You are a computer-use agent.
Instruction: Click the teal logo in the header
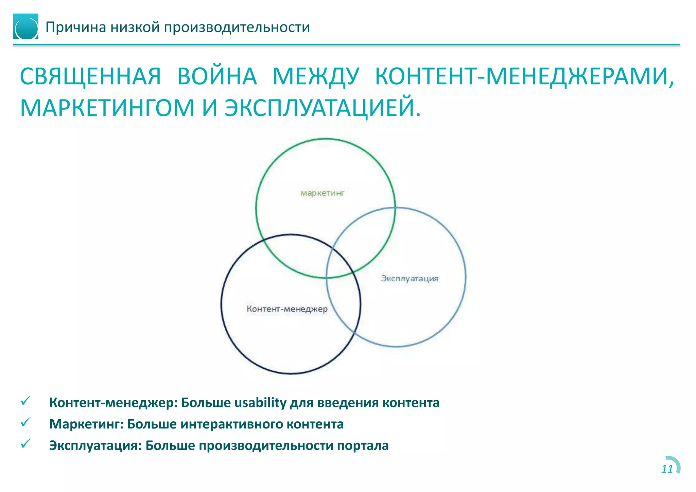(x=25, y=27)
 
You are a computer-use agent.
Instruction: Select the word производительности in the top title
(x=237, y=27)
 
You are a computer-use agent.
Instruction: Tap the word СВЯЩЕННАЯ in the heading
(x=90, y=76)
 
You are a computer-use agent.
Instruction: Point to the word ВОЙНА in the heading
(x=217, y=76)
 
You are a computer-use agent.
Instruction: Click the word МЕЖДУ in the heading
(x=316, y=76)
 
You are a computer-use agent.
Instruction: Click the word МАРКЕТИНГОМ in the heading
(x=107, y=108)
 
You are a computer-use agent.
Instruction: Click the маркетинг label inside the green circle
(x=322, y=193)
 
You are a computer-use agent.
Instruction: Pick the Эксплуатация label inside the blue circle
(x=410, y=278)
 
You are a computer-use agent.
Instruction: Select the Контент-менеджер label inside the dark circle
(x=287, y=309)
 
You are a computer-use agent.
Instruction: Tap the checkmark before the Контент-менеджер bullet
(x=25, y=401)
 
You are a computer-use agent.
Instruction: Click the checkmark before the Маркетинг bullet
(x=25, y=422)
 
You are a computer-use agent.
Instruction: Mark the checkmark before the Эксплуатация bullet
(x=25, y=444)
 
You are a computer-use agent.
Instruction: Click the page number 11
(x=667, y=469)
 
